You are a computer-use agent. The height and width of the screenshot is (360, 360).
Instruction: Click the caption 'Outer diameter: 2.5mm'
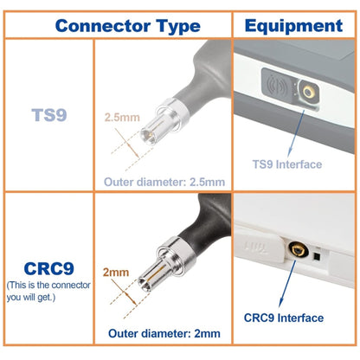pos(164,183)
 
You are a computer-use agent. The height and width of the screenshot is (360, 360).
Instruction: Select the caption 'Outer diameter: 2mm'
pos(164,333)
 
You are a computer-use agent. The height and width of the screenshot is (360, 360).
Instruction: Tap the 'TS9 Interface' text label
pos(286,163)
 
